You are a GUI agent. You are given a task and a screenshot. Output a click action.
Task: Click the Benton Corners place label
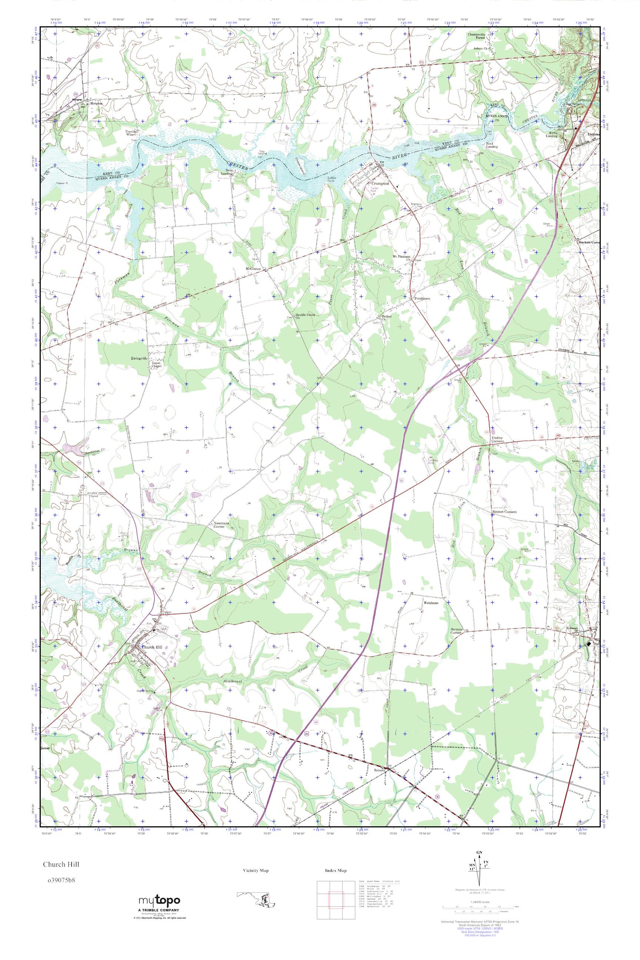(505, 512)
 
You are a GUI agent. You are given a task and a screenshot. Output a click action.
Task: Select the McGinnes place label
(253, 269)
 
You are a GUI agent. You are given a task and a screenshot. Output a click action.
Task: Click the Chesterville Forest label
(476, 37)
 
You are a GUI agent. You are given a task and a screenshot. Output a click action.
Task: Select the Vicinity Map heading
(256, 871)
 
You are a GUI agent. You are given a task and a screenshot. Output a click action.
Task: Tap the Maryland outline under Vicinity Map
(256, 897)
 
